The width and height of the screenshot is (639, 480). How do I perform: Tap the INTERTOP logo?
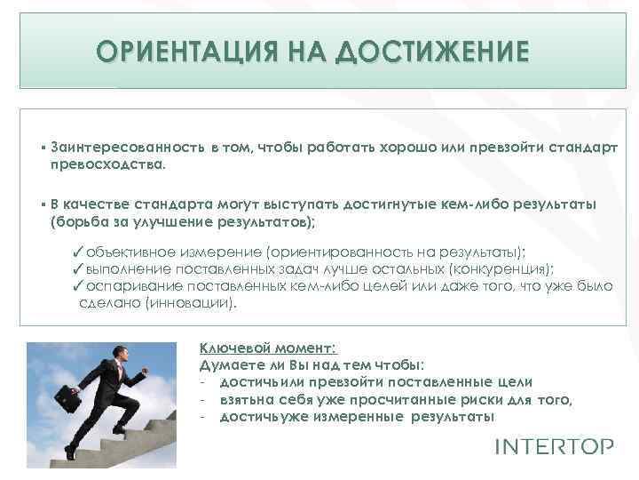pyautogui.click(x=553, y=445)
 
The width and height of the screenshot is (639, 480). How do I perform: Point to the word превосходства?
pyautogui.click(x=107, y=164)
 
